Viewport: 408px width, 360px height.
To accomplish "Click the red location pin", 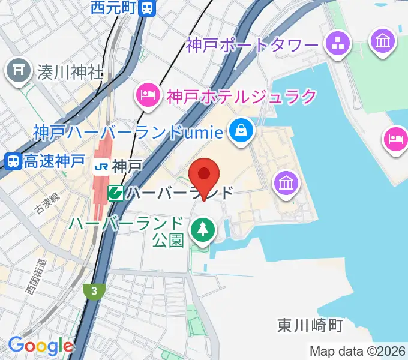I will click(204, 175).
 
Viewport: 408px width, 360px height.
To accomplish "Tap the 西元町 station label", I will click(114, 8).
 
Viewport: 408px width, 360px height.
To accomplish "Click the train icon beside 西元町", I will click(147, 8).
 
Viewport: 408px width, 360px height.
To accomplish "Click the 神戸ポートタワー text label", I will click(251, 45).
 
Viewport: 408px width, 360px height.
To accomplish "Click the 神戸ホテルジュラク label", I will click(241, 95).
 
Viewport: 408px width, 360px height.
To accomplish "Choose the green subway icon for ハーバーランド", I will click(115, 193).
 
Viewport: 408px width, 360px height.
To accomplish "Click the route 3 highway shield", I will click(94, 291).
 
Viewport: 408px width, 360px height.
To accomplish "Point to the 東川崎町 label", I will click(310, 325).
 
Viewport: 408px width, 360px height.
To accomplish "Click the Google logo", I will click(40, 346).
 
